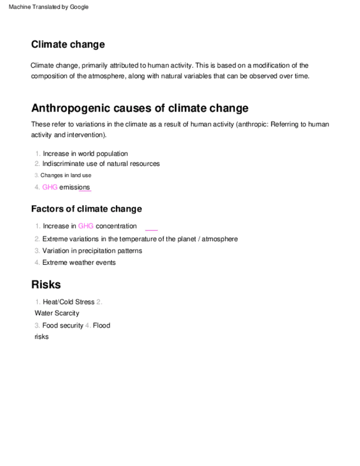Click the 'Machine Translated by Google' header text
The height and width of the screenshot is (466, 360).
click(x=49, y=7)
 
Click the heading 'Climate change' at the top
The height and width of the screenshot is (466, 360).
click(x=68, y=45)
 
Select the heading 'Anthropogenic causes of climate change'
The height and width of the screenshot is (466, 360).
click(x=140, y=108)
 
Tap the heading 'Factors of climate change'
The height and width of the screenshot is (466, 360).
click(x=86, y=209)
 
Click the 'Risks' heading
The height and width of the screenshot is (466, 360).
click(x=46, y=285)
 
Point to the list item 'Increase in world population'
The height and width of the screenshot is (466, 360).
click(x=85, y=154)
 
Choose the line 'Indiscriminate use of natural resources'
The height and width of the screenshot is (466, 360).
click(x=101, y=164)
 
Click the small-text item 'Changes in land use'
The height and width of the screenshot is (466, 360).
click(x=66, y=175)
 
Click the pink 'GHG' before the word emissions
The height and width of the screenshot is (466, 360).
click(x=49, y=187)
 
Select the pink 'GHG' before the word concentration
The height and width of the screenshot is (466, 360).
click(x=86, y=226)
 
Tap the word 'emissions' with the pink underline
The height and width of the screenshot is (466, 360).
click(x=74, y=187)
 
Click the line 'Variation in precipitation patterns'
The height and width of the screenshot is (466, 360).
click(x=92, y=251)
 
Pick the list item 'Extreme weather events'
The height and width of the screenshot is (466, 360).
click(x=79, y=263)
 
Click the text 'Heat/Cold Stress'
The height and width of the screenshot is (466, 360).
click(x=69, y=302)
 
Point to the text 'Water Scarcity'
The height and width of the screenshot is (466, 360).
click(x=57, y=313)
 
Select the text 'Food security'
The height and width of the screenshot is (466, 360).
click(x=63, y=325)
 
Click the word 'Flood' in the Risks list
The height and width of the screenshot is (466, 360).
click(x=102, y=325)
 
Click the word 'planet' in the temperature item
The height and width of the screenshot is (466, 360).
click(x=186, y=239)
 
